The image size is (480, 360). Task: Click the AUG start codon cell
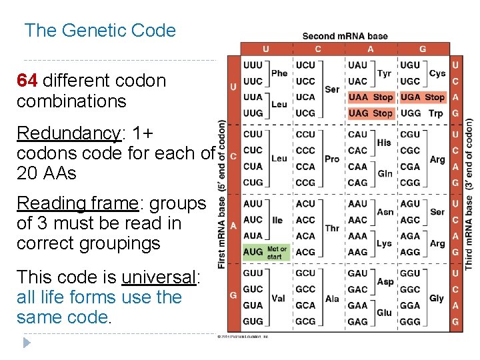[x=253, y=252]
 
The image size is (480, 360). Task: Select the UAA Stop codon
[x=371, y=97]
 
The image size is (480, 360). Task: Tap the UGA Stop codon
[x=423, y=97]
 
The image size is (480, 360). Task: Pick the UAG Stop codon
[x=371, y=113]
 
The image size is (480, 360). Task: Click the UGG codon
[x=411, y=113]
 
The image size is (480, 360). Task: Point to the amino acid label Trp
[x=436, y=113]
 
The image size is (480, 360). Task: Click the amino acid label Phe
[x=279, y=73]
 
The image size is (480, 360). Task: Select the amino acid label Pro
[x=332, y=159]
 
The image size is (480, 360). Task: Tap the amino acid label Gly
[x=437, y=298]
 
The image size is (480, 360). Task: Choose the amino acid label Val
[x=279, y=298]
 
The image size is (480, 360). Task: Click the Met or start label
[x=277, y=252]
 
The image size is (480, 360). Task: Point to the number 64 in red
[x=27, y=81]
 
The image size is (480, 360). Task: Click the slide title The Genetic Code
[x=100, y=31]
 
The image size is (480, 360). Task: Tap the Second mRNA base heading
[x=345, y=36]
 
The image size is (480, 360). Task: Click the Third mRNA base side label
[x=469, y=193]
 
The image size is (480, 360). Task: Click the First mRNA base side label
[x=221, y=193]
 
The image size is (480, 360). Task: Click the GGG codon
[x=410, y=321]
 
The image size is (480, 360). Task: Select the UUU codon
[x=253, y=65]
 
